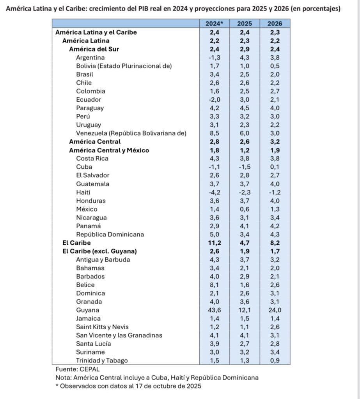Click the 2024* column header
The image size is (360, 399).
click(x=214, y=24)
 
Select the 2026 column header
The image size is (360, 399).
click(x=275, y=24)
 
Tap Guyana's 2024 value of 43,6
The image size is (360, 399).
click(x=214, y=310)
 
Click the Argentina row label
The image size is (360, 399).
click(x=90, y=57)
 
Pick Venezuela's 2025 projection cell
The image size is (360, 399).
click(x=245, y=133)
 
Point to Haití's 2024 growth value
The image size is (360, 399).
click(x=214, y=192)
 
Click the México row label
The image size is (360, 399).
click(x=87, y=209)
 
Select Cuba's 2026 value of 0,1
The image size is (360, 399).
click(x=275, y=167)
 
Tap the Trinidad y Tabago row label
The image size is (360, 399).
click(x=102, y=361)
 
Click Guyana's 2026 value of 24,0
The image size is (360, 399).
click(x=275, y=310)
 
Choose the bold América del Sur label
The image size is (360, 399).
click(x=94, y=49)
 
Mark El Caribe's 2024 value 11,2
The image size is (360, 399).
click(x=214, y=243)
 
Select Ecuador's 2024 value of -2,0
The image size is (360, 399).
click(x=214, y=99)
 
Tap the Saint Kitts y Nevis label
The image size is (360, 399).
click(x=102, y=327)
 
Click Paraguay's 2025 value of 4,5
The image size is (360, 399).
click(x=245, y=108)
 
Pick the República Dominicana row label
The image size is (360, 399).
click(x=110, y=235)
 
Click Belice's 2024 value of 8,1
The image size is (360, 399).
click(x=214, y=285)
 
